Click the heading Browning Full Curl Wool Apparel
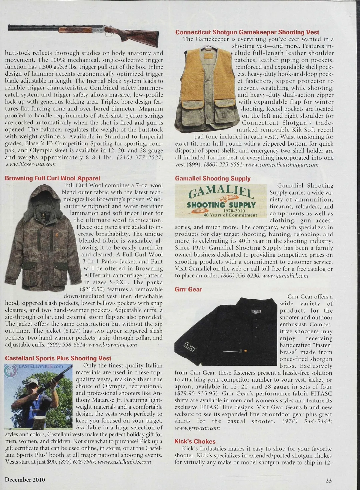tap(52, 178)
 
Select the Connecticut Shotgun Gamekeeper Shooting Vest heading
tap(247, 32)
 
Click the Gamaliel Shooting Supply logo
tap(221, 201)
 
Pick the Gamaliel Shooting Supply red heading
tap(212, 179)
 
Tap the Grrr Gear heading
tap(188, 289)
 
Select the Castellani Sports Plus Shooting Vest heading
tap(58, 358)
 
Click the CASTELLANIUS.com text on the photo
tap(41, 367)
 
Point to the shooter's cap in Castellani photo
tap(32, 382)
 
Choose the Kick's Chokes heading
tap(195, 441)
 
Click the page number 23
tap(329, 480)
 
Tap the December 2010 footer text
tap(25, 479)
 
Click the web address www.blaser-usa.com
tap(31, 164)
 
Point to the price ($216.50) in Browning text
tap(92, 289)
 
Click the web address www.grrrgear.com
tap(197, 428)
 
